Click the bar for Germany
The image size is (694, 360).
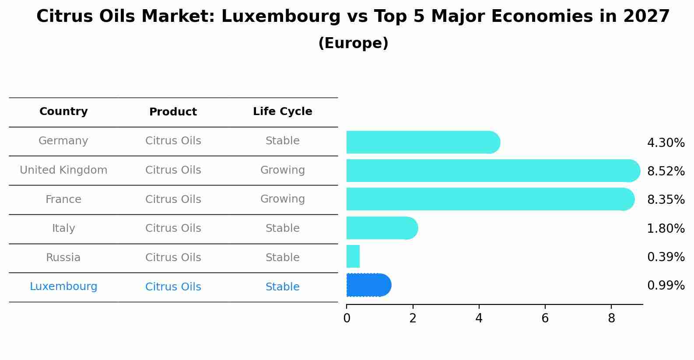click(423, 142)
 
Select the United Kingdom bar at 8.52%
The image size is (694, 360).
click(493, 171)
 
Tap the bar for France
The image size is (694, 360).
click(490, 199)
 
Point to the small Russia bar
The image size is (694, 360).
click(353, 256)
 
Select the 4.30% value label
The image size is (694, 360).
click(666, 143)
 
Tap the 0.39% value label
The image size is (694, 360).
click(666, 257)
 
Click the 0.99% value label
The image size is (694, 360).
click(666, 286)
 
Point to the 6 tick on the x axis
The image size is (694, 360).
click(545, 318)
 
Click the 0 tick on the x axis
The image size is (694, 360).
click(347, 318)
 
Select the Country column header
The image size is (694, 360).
click(63, 112)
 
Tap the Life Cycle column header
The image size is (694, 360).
click(282, 112)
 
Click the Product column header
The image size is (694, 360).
click(173, 112)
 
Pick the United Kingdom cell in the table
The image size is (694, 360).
click(63, 170)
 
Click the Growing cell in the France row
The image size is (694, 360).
click(282, 199)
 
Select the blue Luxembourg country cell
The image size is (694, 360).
click(63, 287)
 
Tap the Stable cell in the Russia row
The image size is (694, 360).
click(282, 258)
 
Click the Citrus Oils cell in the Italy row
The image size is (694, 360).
click(173, 228)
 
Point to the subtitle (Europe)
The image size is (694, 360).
click(353, 43)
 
